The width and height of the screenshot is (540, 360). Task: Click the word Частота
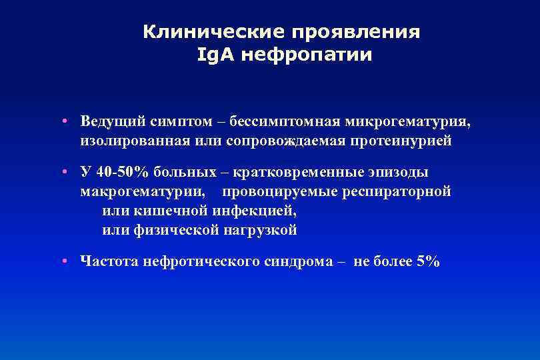click(107, 261)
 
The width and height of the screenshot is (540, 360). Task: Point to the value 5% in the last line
click(427, 261)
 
